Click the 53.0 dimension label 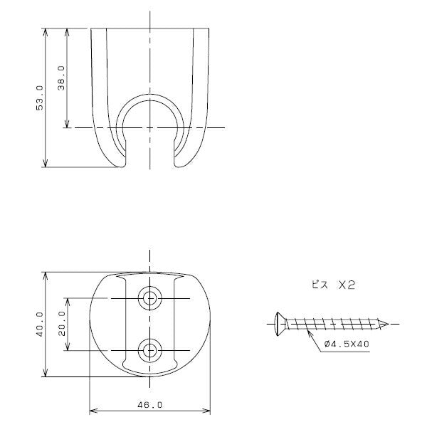pos(40,98)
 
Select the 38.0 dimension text pos(61,78)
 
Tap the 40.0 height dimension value pos(40,325)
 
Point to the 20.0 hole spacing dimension pos(62,324)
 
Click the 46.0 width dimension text pos(149,405)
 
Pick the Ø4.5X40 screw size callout pos(347,344)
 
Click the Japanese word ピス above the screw pos(320,285)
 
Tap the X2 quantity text pos(347,285)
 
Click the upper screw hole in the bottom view pos(149,298)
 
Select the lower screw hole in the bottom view pos(149,350)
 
